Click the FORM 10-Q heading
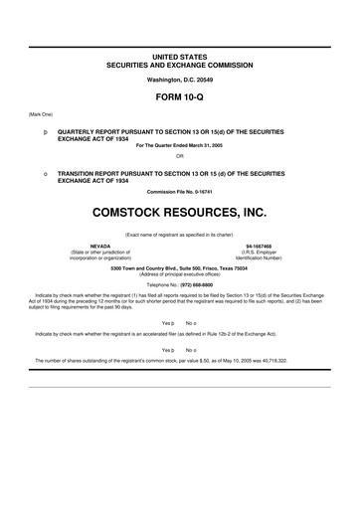[x=180, y=98]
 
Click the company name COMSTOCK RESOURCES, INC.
[x=180, y=212]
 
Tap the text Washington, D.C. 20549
[x=180, y=78]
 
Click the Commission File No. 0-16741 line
[x=180, y=192]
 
